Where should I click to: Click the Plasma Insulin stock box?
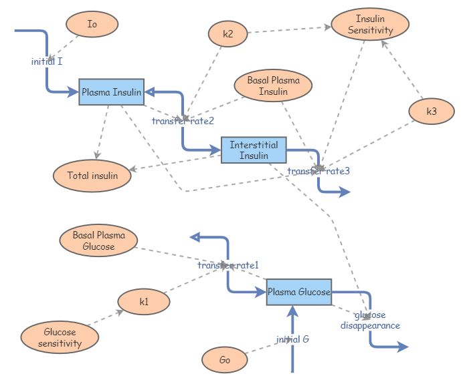pos(111,92)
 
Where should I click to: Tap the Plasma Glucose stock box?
pos(299,292)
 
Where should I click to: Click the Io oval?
pos(92,25)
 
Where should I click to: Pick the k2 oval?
pos(228,34)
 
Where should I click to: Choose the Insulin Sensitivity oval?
pos(370,25)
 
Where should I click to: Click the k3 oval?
pos(432,112)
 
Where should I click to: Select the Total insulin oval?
pos(92,176)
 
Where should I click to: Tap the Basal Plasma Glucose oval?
pos(98,240)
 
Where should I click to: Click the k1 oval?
pos(144,302)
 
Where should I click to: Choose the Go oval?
pos(225,361)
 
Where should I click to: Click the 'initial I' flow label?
pos(47,61)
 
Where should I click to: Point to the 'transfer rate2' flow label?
pos(183,121)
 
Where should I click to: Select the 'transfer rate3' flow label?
pos(318,171)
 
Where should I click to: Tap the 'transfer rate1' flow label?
pos(227,266)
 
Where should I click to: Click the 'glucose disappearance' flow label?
pos(370,320)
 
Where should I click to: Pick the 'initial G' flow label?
pos(292,339)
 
